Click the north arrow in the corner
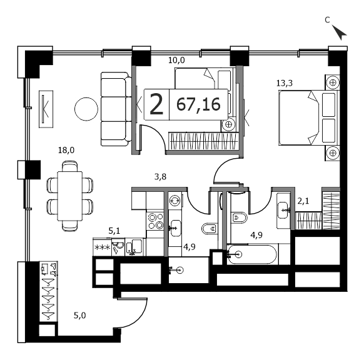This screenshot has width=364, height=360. pyautogui.click(x=340, y=33)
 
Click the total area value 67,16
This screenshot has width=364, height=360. pyautogui.click(x=198, y=104)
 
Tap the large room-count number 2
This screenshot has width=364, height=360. pyautogui.click(x=156, y=104)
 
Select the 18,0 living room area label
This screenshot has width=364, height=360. pyautogui.click(x=66, y=150)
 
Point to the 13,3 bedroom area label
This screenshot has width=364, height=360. pyautogui.click(x=285, y=83)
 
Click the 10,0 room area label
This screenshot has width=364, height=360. pyautogui.click(x=176, y=60)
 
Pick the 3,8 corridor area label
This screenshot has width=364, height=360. pyautogui.click(x=160, y=177)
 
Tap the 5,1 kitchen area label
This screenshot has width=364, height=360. pyautogui.click(x=114, y=231)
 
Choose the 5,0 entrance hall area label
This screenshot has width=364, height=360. pyautogui.click(x=80, y=316)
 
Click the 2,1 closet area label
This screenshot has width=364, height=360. pyautogui.click(x=303, y=201)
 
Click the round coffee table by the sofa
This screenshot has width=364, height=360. pyautogui.click(x=86, y=109)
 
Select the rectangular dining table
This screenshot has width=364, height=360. pyautogui.click(x=70, y=196)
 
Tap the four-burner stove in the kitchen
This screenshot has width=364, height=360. pyautogui.click(x=156, y=221)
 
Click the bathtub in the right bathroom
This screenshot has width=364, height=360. pyautogui.click(x=252, y=254)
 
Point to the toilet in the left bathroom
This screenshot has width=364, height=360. pyautogui.click(x=210, y=229)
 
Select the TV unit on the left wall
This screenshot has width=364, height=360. pyautogui.click(x=46, y=109)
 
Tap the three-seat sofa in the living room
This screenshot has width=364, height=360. pyautogui.click(x=116, y=109)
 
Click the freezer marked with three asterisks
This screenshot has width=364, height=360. pyautogui.click(x=102, y=247)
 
